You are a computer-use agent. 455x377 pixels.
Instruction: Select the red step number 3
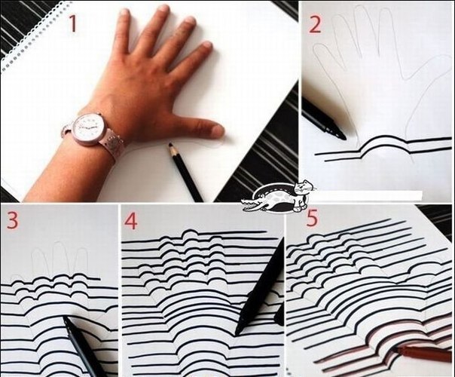[x=13, y=221]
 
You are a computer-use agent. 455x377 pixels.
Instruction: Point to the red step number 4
[x=131, y=222]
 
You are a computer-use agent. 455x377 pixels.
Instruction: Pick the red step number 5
[x=312, y=218]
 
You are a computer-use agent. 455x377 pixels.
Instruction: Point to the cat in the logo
[x=301, y=197]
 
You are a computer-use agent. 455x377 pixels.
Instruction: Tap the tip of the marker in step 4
[x=237, y=332]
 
